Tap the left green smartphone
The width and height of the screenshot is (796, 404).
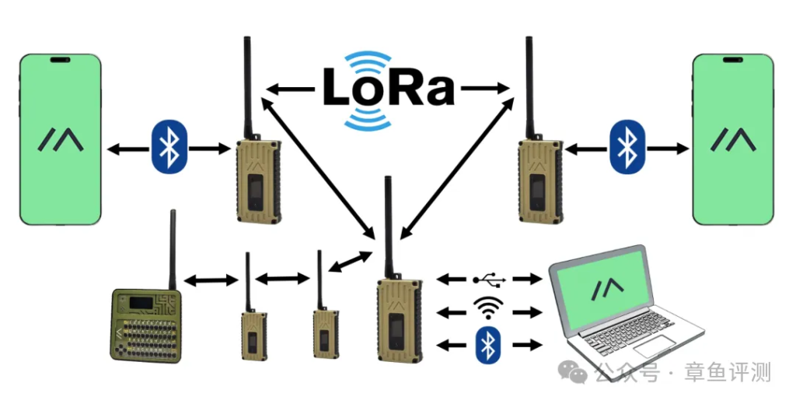coord(61,139)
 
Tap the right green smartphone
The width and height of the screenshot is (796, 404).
coord(734,139)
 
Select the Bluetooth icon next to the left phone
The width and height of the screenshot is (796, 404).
coord(165,146)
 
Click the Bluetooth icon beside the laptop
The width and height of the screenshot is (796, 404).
coord(487,344)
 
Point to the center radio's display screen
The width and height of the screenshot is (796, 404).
coord(400,331)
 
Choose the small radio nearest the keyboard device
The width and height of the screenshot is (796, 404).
coord(253,335)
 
